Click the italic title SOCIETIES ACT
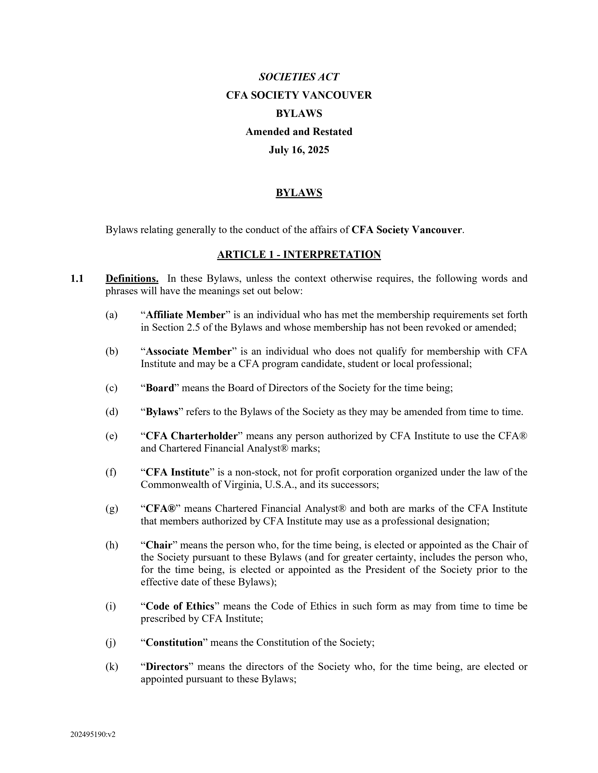(299, 77)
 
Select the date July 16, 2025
(299, 150)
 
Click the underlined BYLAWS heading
(299, 193)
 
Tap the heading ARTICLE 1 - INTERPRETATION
(299, 254)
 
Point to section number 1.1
(77, 279)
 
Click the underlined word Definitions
(132, 279)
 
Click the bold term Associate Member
(189, 351)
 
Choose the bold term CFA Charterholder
(191, 436)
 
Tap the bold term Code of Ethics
(180, 606)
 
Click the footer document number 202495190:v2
(93, 734)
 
